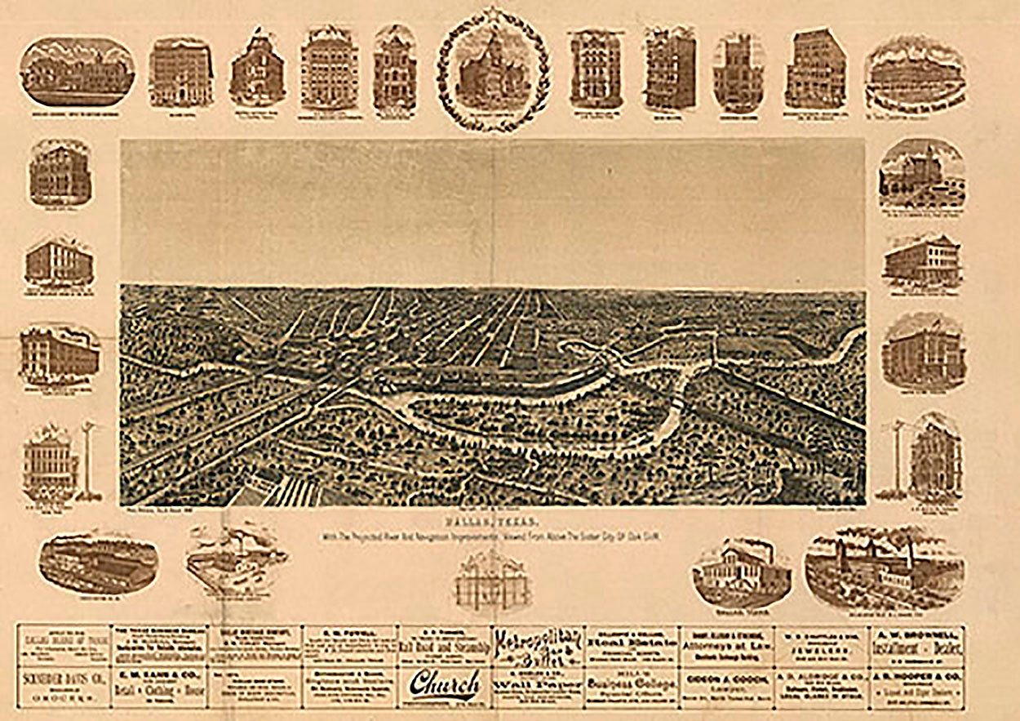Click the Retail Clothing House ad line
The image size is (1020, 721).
158,683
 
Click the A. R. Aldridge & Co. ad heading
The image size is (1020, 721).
824,676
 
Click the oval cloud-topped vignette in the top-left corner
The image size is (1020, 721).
77,71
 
